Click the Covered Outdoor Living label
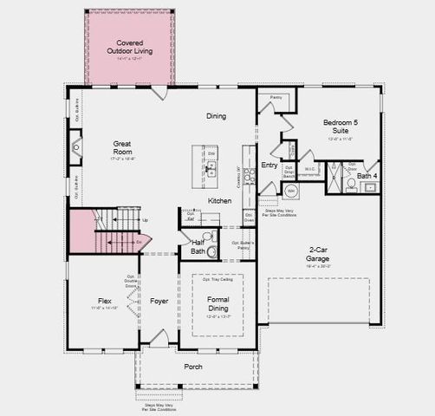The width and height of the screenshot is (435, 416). tap(130, 48)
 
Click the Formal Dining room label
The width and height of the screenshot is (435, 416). tap(217, 304)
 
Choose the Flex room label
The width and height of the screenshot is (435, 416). tap(104, 302)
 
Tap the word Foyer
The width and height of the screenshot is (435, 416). tap(159, 302)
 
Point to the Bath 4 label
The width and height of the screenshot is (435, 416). tap(367, 177)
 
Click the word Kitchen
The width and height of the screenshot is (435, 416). tap(219, 201)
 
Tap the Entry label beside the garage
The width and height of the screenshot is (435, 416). tap(269, 165)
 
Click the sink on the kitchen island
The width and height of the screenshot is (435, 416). tap(211, 170)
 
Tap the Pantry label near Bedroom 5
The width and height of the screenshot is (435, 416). tap(276, 98)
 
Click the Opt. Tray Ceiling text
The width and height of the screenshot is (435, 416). tap(217, 280)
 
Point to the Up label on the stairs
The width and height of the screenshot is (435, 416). tap(144, 220)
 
